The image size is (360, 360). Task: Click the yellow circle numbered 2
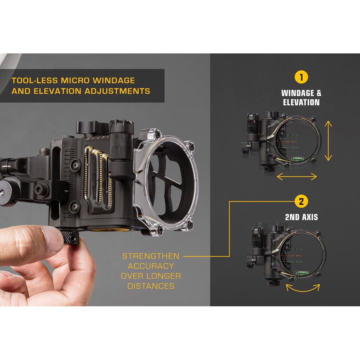tap(301, 201)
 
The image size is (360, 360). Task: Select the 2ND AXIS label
tap(301, 217)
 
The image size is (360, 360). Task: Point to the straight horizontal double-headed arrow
tap(297, 176)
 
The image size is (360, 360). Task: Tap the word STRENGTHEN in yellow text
tap(151, 256)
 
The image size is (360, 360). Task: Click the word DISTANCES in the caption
tap(151, 286)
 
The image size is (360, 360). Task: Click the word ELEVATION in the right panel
tap(301, 103)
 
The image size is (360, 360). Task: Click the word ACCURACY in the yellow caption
tap(151, 266)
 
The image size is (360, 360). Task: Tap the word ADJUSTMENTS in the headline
tap(117, 91)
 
